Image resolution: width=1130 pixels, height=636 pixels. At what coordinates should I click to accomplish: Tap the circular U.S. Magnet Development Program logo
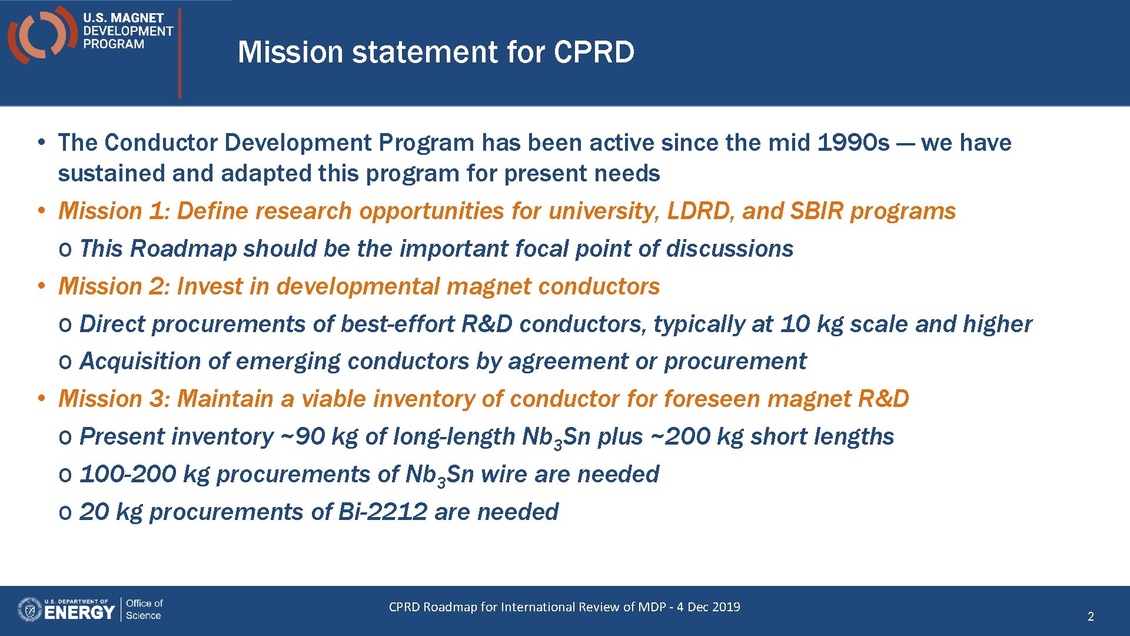[x=41, y=34]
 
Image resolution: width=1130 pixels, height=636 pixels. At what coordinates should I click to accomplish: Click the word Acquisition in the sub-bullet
[x=139, y=361]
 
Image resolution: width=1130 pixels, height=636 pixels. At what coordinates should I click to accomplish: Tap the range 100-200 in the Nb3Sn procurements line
[x=128, y=474]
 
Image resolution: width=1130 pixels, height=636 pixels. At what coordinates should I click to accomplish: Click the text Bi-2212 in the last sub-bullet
[x=383, y=512]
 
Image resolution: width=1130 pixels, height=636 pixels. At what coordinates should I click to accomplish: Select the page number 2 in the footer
[x=1090, y=617]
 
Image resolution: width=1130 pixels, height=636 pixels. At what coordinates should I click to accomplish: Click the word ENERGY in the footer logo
[x=79, y=613]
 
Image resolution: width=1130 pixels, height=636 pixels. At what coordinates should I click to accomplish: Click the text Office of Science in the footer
[x=144, y=609]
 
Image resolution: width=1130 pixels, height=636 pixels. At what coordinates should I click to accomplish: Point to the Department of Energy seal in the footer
[x=29, y=609]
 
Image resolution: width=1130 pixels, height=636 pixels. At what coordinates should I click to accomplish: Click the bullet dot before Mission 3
[x=41, y=399]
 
